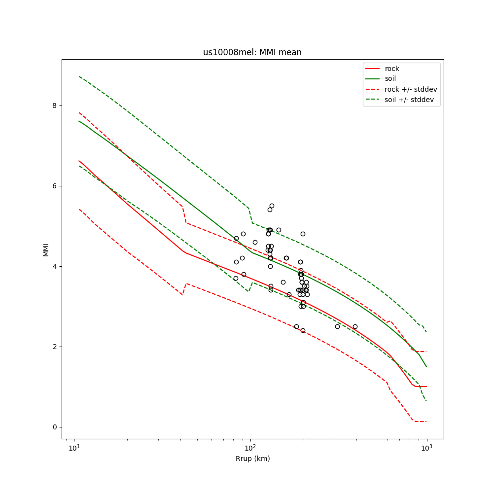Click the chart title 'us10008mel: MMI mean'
252,53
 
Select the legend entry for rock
392,69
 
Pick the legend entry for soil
390,79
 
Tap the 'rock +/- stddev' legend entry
411,89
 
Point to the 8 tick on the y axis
55,106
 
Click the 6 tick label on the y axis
55,186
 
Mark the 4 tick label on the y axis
55,266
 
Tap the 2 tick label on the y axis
55,347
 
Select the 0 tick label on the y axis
55,427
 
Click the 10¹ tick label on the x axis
74,448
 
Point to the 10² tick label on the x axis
250,448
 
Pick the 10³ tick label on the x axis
426,448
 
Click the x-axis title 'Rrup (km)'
252,458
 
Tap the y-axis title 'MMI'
46,249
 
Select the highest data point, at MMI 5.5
272,206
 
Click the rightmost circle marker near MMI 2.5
355,326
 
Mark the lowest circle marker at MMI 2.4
303,330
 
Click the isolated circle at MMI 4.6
255,242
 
